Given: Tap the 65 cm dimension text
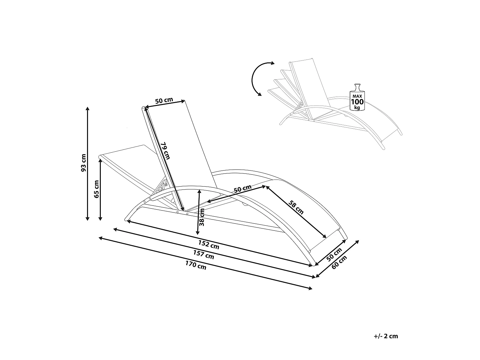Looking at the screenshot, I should (97, 189).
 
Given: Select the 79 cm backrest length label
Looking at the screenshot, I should (165, 150).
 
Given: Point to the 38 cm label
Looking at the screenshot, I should (202, 218).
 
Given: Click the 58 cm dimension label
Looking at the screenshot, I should (296, 207).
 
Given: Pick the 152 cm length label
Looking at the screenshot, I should (209, 244).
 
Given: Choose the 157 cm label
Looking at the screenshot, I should (204, 255).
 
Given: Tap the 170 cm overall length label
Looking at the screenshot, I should (196, 265).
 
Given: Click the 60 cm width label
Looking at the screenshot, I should (340, 263).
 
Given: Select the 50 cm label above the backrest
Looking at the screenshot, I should (164, 100).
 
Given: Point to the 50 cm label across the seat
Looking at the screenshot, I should (243, 188).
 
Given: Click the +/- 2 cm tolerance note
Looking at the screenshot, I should (386, 336).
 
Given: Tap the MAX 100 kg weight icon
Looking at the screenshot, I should (357, 97).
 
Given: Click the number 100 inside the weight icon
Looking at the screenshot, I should (357, 102).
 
